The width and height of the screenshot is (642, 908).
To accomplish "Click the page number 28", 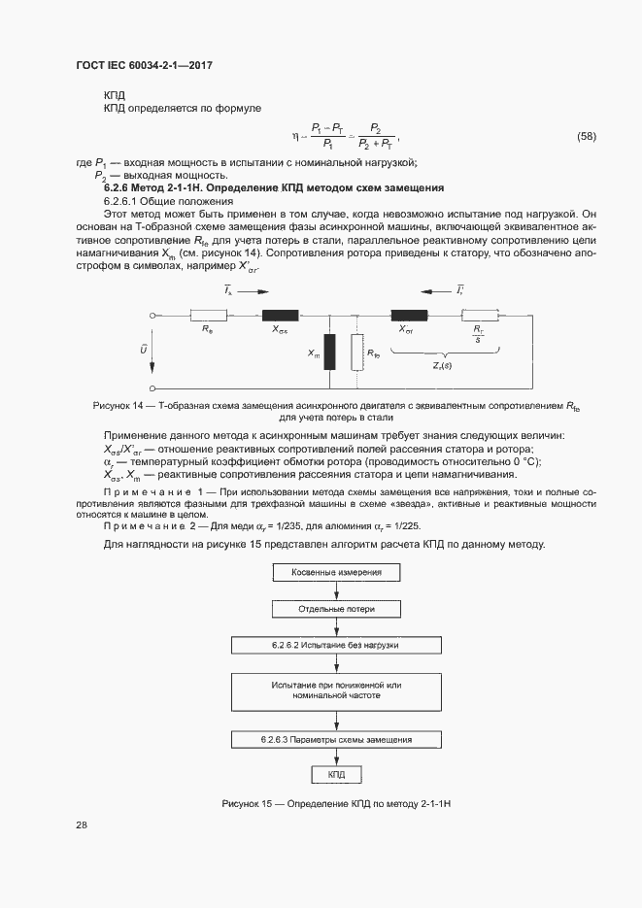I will [x=82, y=824].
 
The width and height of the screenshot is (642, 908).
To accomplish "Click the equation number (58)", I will [x=587, y=136].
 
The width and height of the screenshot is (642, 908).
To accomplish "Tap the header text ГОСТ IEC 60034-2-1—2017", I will [x=144, y=65].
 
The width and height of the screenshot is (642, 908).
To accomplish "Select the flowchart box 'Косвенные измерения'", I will [x=336, y=572].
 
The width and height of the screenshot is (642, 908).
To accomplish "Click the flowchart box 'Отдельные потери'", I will [x=336, y=608].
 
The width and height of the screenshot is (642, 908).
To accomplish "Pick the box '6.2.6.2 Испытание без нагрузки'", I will [x=336, y=645].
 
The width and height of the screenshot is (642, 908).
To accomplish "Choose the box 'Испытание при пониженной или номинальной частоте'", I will [x=336, y=690].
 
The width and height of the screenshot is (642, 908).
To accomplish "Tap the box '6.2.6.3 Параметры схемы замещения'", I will [x=336, y=739].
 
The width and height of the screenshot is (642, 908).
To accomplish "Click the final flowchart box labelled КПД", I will [x=336, y=775].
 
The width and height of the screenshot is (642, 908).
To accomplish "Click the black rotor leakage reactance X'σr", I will [x=409, y=315].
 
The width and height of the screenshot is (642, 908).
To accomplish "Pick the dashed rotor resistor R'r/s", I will [x=478, y=315].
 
